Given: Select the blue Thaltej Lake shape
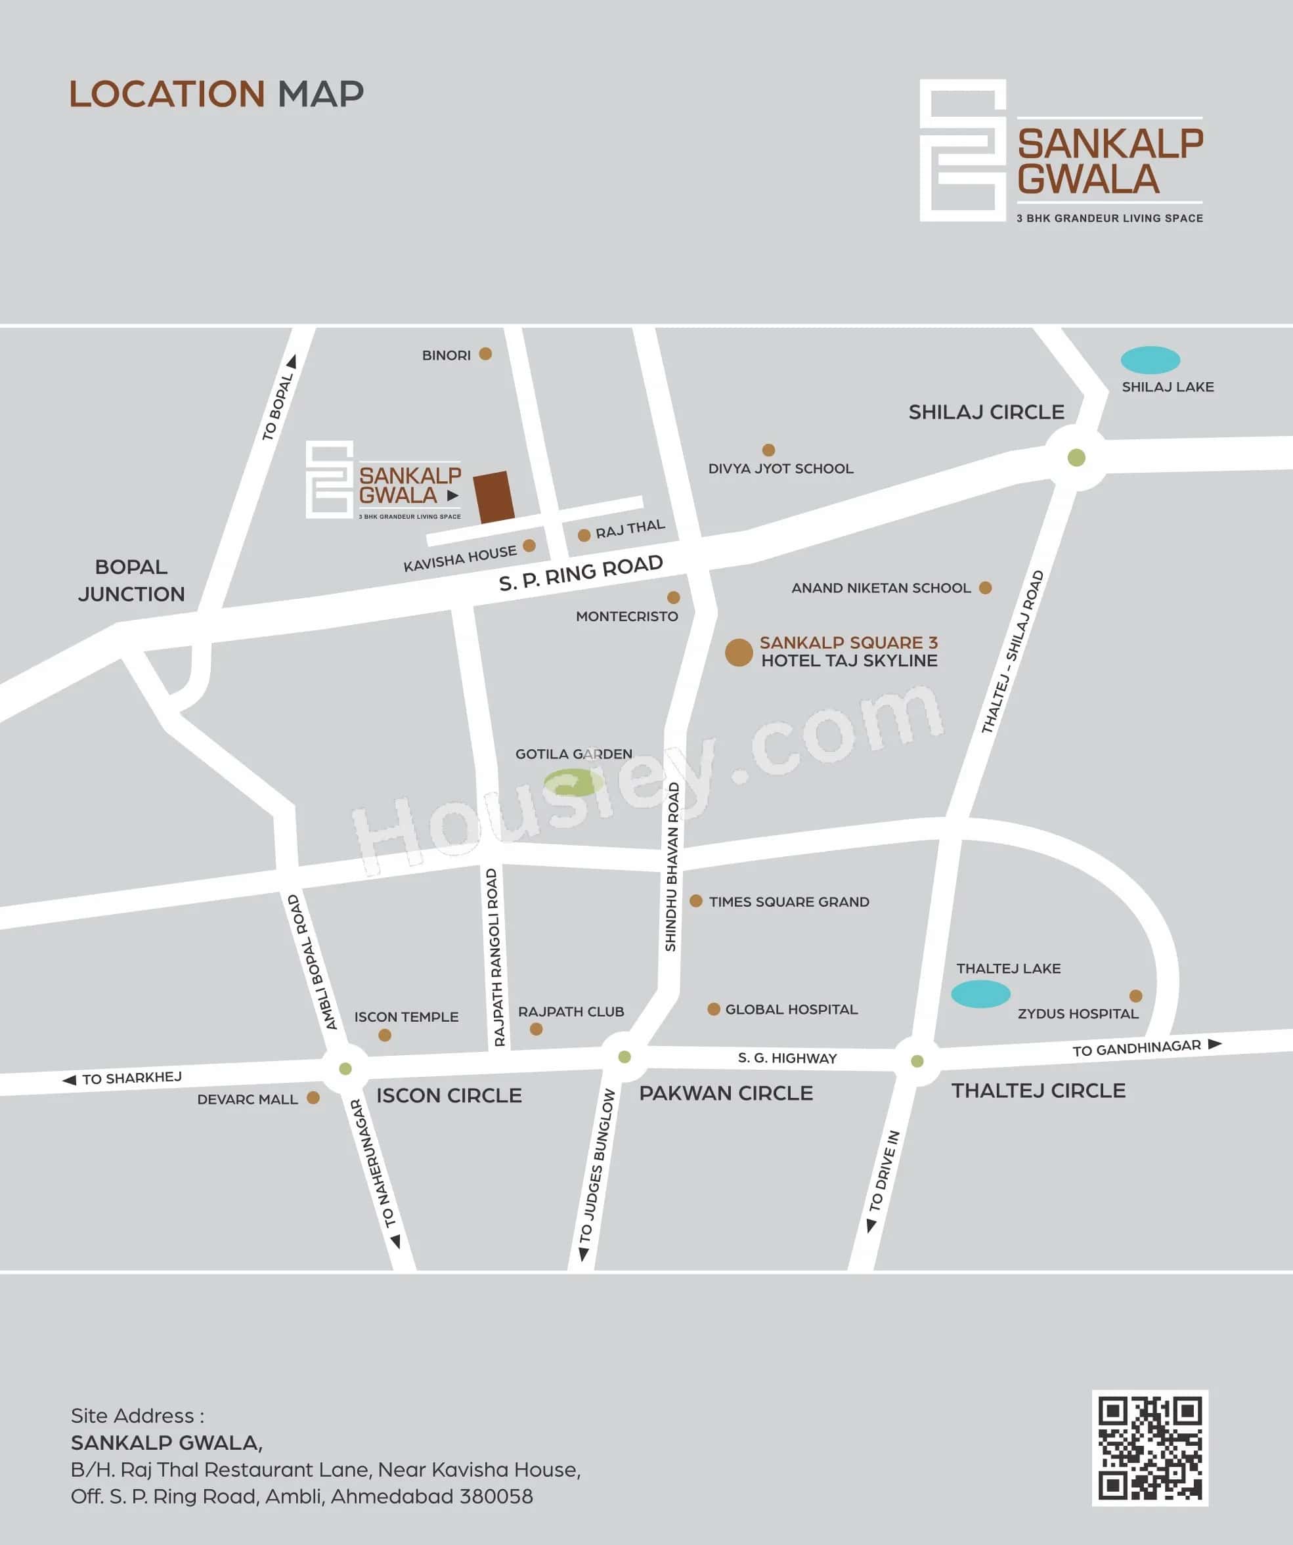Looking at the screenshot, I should coord(980,994).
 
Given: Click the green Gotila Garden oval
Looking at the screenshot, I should coord(573,782).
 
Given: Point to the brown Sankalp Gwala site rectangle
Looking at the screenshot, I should coord(493,497).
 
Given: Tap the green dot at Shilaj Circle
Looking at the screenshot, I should coord(1076,458).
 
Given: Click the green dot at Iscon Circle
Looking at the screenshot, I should coord(345,1068).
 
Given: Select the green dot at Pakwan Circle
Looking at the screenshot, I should coord(624,1057).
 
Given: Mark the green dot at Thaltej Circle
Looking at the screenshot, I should coord(917,1061).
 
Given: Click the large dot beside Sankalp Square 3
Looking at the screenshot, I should coord(738,653).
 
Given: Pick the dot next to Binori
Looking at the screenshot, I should coord(485,354).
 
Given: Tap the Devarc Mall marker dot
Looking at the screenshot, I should coord(313,1098).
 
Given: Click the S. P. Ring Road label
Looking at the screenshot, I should coord(581,573).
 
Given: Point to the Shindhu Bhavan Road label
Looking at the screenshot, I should coord(672,867).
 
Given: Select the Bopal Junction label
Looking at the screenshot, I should coord(131,580).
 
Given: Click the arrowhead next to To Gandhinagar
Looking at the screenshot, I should coord(1214,1044).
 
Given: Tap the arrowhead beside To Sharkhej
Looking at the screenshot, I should coord(69,1080).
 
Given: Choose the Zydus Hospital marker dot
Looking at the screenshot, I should coord(1135,996).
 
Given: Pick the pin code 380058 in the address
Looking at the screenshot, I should coord(495,1496).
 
